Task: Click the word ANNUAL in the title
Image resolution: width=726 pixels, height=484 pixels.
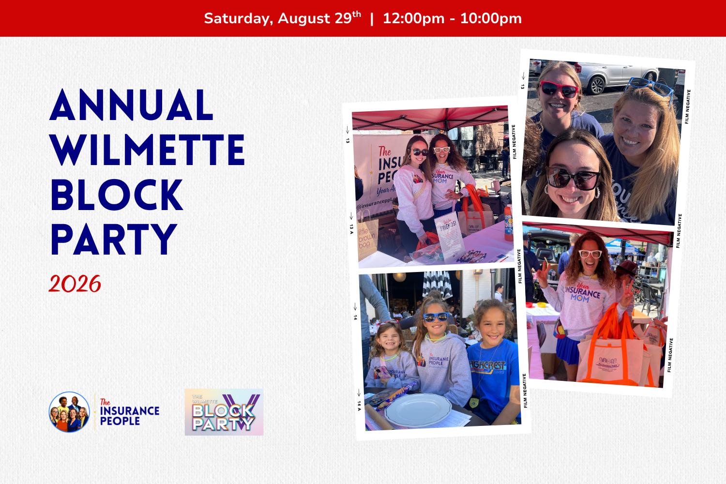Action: click(x=131, y=106)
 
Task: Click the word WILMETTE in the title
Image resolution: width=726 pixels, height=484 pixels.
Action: click(x=148, y=150)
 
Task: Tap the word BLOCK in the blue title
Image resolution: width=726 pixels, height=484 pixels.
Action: click(x=117, y=195)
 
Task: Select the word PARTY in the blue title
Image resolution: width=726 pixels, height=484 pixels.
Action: click(x=114, y=239)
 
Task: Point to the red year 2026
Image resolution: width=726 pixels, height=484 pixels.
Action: click(x=75, y=284)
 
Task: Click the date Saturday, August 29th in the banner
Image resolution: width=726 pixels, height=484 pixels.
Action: click(x=282, y=18)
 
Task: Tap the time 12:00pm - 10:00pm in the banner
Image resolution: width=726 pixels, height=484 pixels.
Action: click(x=452, y=18)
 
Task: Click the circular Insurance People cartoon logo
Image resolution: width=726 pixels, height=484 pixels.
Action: click(x=69, y=412)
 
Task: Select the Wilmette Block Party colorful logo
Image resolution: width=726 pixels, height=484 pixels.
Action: click(x=224, y=412)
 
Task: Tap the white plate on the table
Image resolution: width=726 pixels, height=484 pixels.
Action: click(x=418, y=409)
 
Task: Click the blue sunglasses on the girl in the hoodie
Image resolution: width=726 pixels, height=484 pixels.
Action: click(x=436, y=317)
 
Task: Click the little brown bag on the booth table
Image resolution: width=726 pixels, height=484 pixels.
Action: click(x=367, y=237)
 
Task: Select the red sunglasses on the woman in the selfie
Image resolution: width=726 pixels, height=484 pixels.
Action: click(x=559, y=89)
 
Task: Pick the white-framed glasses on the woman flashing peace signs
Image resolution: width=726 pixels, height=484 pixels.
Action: click(x=590, y=254)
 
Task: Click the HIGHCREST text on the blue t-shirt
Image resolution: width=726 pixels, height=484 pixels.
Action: click(x=488, y=365)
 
